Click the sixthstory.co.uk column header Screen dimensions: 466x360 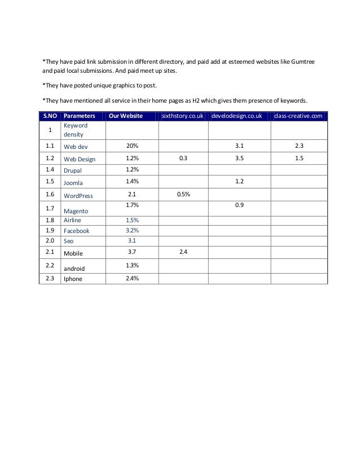(x=182, y=116)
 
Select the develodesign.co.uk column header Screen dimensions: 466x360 (x=239, y=116)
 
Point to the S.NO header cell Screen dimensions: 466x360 (x=50, y=116)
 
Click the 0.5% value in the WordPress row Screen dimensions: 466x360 (x=183, y=195)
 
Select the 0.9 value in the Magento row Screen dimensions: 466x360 (x=239, y=206)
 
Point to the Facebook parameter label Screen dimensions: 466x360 (x=76, y=231)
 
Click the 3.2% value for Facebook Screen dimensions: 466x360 (x=132, y=230)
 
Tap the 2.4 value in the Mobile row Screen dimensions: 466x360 (x=183, y=251)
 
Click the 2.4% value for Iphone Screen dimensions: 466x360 (x=132, y=278)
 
